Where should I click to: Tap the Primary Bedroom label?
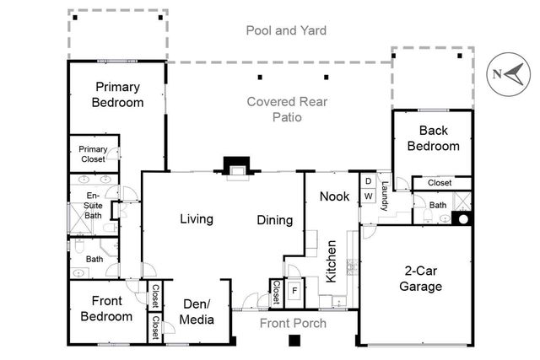coord(119,94)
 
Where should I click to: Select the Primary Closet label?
coord(93,153)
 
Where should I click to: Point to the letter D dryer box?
coord(369,180)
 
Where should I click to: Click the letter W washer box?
coord(369,196)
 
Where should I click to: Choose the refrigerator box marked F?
coord(294,291)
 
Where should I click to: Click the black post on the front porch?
coord(294,341)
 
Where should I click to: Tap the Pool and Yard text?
coord(286,31)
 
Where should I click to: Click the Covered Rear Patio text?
coord(274,110)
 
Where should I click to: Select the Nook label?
coord(334,196)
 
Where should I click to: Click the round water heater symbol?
coord(462,219)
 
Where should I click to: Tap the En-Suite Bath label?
coord(93,206)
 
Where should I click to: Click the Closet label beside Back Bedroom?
coord(439,182)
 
